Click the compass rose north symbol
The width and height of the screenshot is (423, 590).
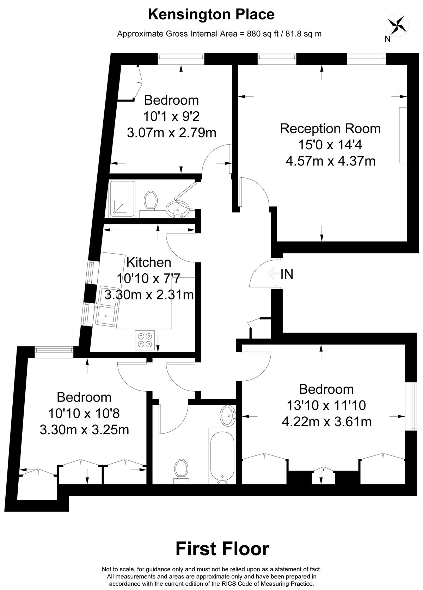(x=397, y=26)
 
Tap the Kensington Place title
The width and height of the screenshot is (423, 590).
(x=211, y=14)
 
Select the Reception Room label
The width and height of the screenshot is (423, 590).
(x=330, y=129)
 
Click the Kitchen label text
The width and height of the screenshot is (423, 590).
(x=149, y=262)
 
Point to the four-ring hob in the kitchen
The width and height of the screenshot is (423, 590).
(x=145, y=340)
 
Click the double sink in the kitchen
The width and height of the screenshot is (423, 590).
(x=107, y=306)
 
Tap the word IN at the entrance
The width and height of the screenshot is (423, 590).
(x=287, y=274)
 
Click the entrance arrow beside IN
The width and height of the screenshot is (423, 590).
(x=273, y=273)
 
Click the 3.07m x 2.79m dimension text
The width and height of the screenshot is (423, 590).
(x=172, y=133)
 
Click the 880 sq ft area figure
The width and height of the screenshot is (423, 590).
(x=263, y=34)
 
